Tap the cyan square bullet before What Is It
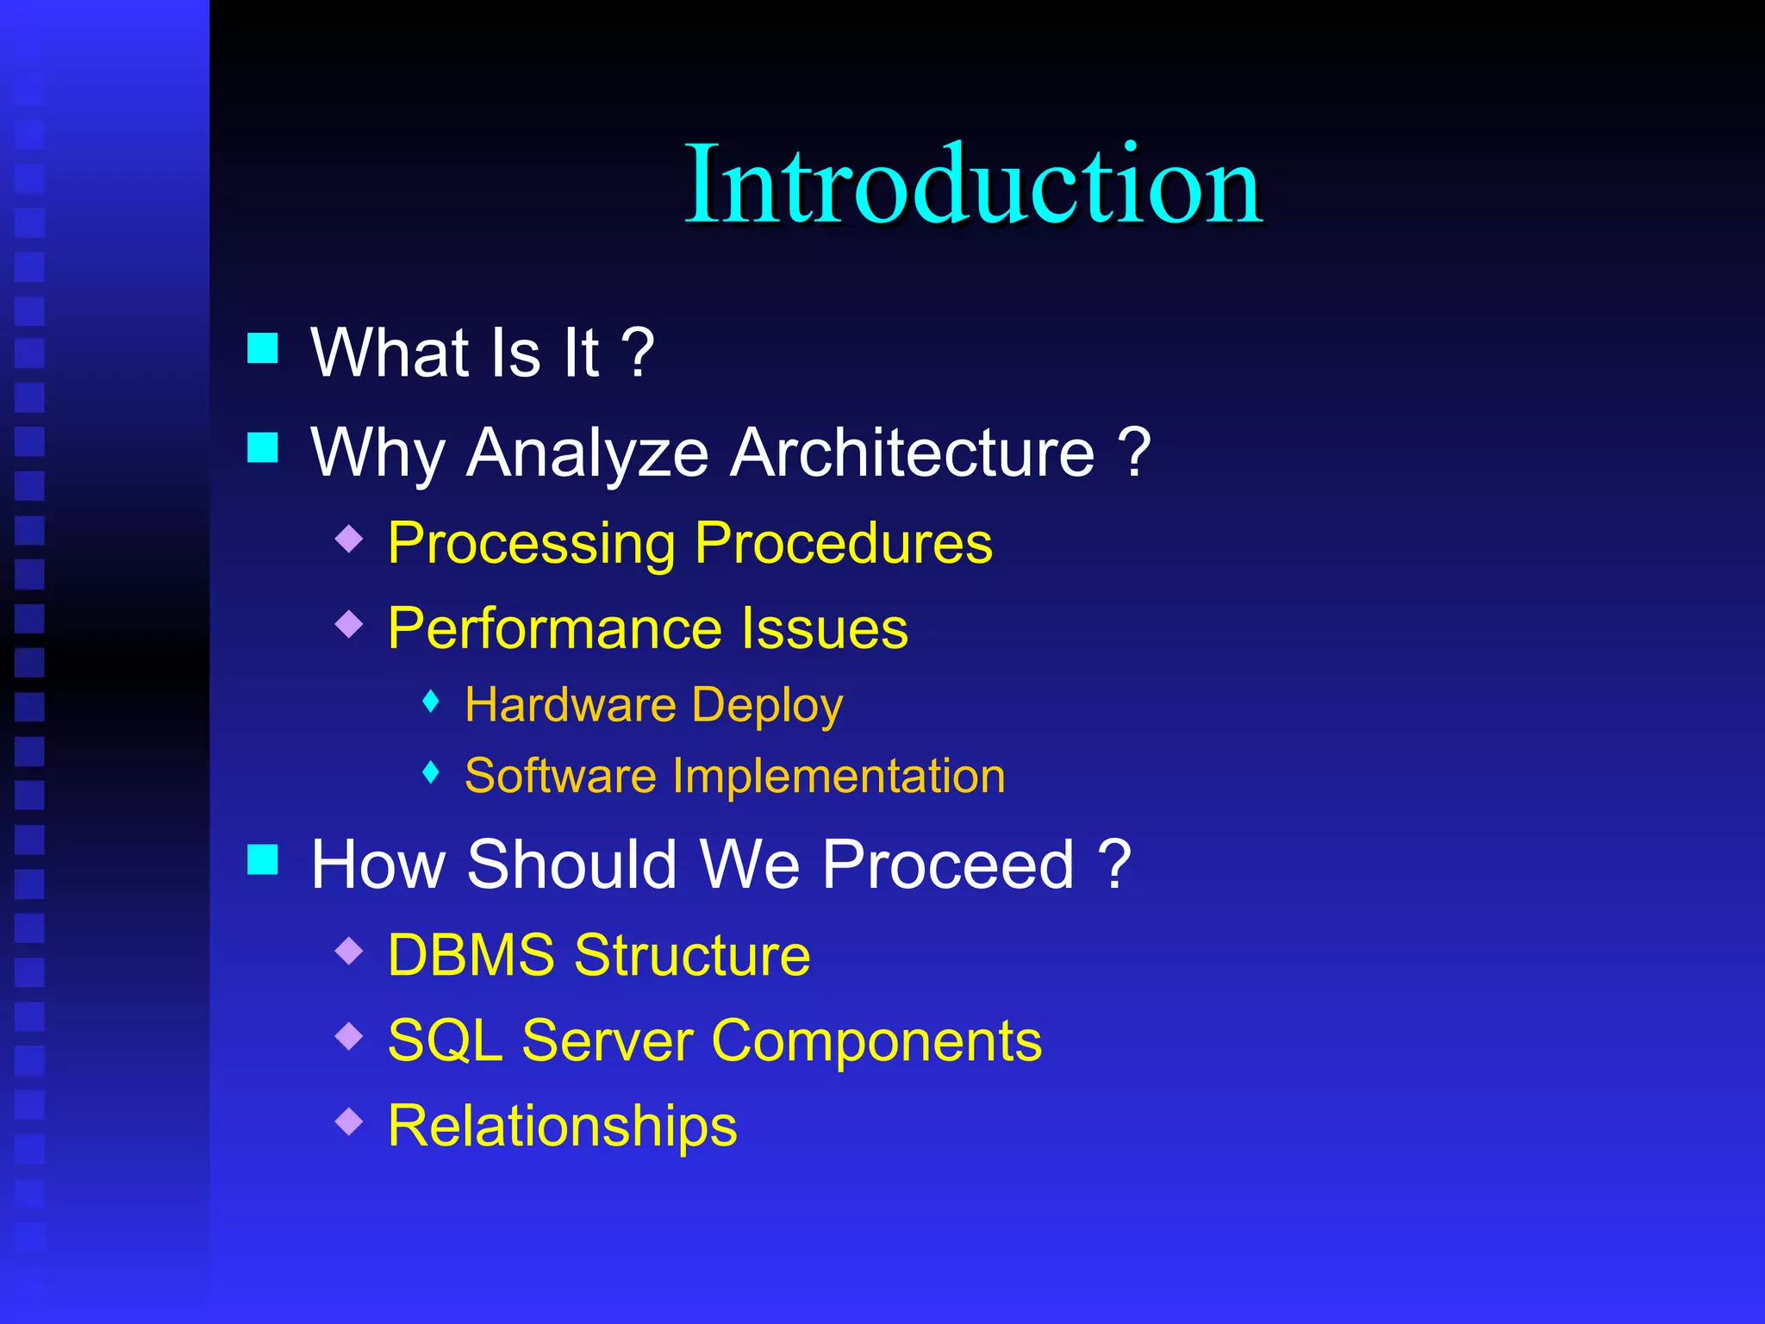click(263, 348)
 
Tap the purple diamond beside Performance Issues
click(349, 623)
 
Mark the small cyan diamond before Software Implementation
click(432, 772)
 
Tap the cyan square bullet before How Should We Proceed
click(263, 859)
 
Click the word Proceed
click(948, 865)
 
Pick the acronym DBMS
click(471, 955)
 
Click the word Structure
click(692, 955)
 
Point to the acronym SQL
click(446, 1040)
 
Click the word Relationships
click(563, 1126)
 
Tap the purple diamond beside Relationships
click(349, 1121)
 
